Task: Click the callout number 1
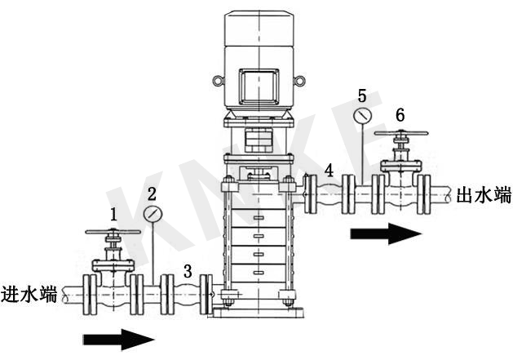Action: point(113,215)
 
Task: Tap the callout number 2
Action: point(151,194)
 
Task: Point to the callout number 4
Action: point(328,171)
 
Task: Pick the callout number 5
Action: point(362,96)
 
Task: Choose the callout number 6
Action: point(400,113)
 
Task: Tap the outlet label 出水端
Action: point(484,195)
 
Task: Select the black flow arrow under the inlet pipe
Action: point(118,336)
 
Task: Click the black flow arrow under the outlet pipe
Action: point(386,233)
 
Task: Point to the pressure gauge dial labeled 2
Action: point(152,215)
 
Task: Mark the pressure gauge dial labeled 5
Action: point(362,116)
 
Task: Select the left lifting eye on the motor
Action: point(217,81)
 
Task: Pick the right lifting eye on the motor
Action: point(299,81)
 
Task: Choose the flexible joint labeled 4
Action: point(328,193)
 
